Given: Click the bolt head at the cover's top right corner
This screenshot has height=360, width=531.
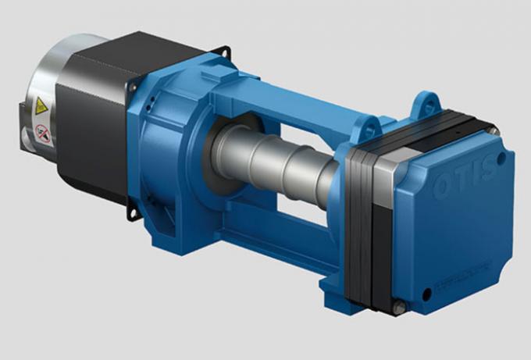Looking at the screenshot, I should click(x=494, y=130).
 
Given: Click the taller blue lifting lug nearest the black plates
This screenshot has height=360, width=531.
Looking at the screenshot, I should click(x=426, y=105).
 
